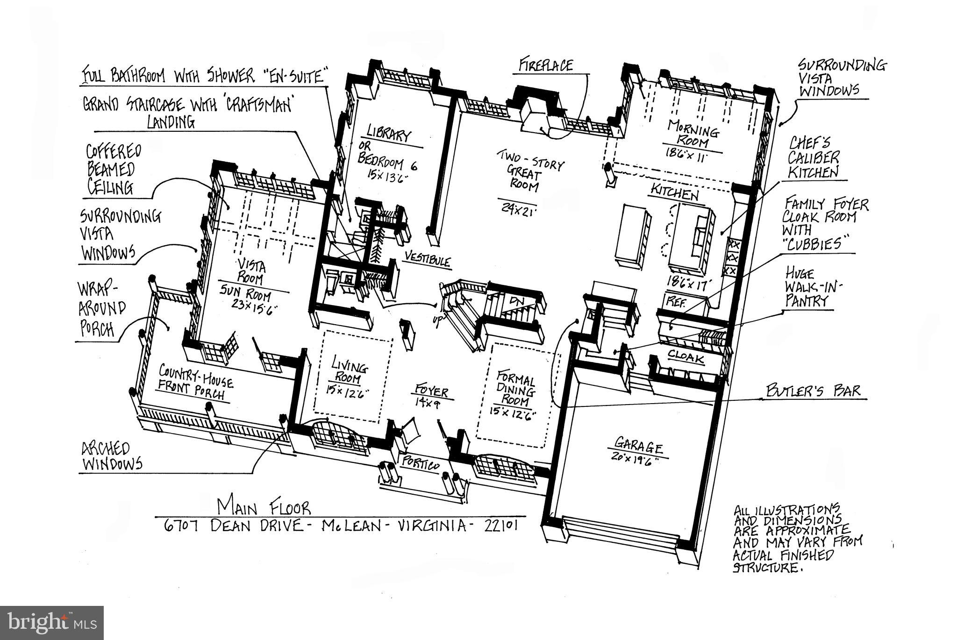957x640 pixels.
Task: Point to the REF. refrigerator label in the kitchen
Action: click(x=675, y=301)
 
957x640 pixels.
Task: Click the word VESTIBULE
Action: click(x=428, y=259)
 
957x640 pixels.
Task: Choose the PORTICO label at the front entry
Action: click(x=420, y=464)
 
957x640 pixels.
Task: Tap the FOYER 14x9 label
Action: click(x=431, y=395)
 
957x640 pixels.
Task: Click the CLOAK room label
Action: click(x=686, y=357)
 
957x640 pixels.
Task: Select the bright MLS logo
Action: click(x=51, y=623)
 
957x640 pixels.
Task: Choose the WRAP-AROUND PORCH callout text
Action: click(x=102, y=309)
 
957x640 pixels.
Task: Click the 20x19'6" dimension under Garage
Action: click(x=634, y=458)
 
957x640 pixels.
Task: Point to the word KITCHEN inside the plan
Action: click(x=675, y=192)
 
